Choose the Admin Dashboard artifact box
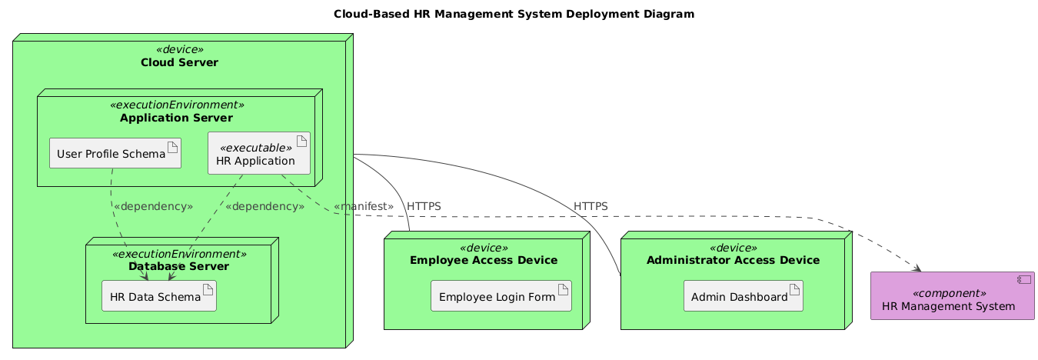point(743,296)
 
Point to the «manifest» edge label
point(364,207)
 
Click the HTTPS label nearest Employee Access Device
point(424,207)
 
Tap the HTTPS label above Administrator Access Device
point(591,207)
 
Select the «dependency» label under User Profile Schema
point(152,207)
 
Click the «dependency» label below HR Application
point(264,207)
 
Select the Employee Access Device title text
point(483,260)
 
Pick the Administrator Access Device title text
point(733,260)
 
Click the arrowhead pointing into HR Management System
point(918,268)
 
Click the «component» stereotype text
point(953,293)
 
